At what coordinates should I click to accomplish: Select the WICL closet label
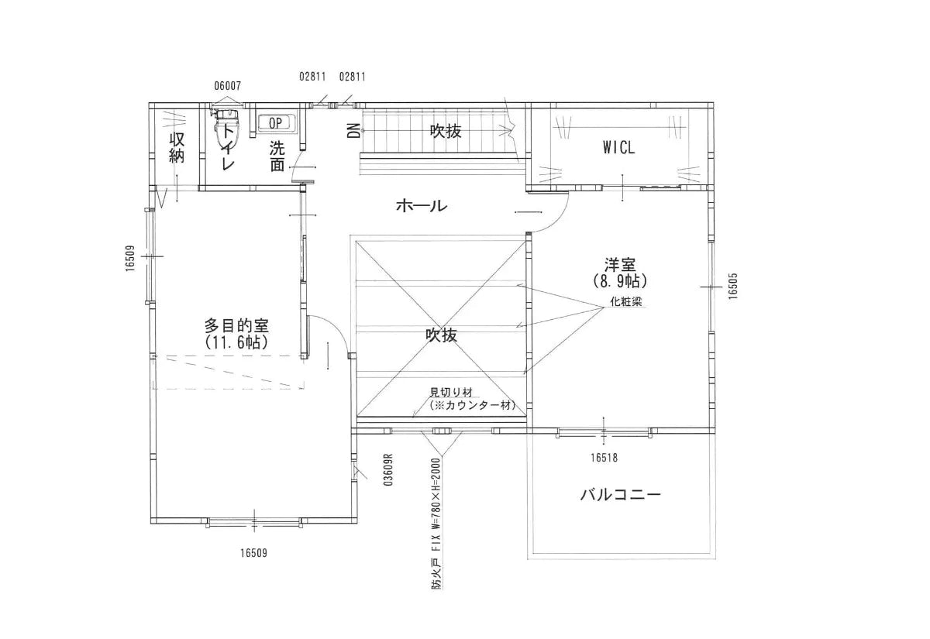click(x=618, y=148)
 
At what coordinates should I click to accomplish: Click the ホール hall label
click(x=421, y=206)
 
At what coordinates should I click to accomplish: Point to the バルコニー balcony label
click(x=621, y=494)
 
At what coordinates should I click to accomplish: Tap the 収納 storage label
click(x=177, y=147)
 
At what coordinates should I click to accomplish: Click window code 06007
click(x=228, y=86)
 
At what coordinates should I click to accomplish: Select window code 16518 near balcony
click(x=604, y=458)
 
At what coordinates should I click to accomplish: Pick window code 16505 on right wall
click(x=732, y=286)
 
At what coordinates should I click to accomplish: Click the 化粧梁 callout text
click(x=627, y=301)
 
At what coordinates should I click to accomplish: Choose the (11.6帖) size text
click(x=236, y=342)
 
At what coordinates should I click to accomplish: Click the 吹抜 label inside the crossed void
click(x=441, y=335)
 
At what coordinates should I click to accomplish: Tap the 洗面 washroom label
click(x=277, y=155)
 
